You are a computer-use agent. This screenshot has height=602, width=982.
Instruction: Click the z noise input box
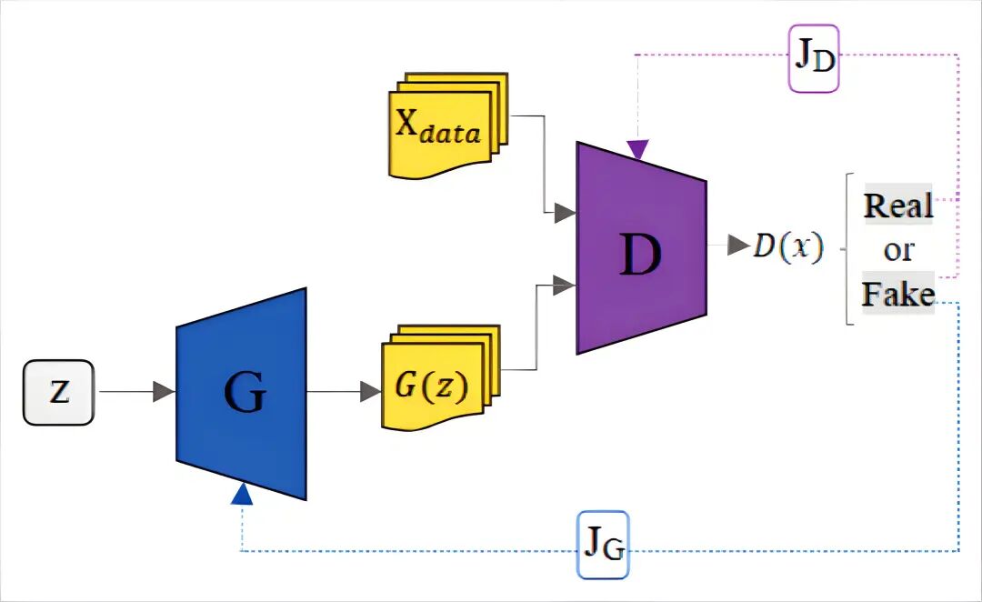[59, 393]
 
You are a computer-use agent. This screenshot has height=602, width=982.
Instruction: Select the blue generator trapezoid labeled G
[242, 394]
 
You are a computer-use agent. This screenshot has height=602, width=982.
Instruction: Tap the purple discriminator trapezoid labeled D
[641, 248]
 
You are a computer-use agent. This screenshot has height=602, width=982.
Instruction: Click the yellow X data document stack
[448, 125]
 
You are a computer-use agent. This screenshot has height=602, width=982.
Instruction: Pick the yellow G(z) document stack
[440, 377]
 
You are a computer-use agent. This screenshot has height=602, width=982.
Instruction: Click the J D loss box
[813, 58]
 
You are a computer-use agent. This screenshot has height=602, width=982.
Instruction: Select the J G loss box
[603, 545]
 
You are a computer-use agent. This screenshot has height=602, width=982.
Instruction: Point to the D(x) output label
[787, 246]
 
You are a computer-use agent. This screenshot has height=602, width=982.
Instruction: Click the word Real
[898, 205]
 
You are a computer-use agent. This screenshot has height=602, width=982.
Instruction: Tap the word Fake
[898, 293]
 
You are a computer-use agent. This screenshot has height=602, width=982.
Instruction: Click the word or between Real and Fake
[898, 251]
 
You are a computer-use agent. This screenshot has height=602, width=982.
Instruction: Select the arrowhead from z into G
[164, 392]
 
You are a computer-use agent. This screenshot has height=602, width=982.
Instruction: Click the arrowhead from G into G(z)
[371, 392]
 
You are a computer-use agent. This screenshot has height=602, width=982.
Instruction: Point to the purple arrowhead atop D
[637, 150]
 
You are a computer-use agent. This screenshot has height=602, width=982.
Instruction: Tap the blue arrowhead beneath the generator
[242, 494]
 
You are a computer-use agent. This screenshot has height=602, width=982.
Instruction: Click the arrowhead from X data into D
[565, 213]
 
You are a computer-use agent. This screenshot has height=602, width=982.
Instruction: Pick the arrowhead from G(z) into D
[565, 285]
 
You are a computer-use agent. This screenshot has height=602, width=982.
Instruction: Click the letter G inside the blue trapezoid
[245, 393]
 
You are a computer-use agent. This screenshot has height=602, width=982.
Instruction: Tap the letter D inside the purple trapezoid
[640, 254]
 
